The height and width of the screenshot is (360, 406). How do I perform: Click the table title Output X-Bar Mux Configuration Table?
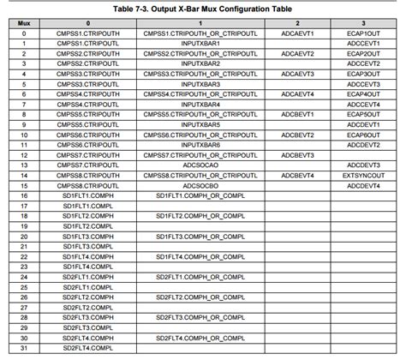pos(202,8)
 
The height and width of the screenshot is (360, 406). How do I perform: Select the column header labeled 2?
pos(296,23)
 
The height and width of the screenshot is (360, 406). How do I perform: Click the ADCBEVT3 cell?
pos(296,153)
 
